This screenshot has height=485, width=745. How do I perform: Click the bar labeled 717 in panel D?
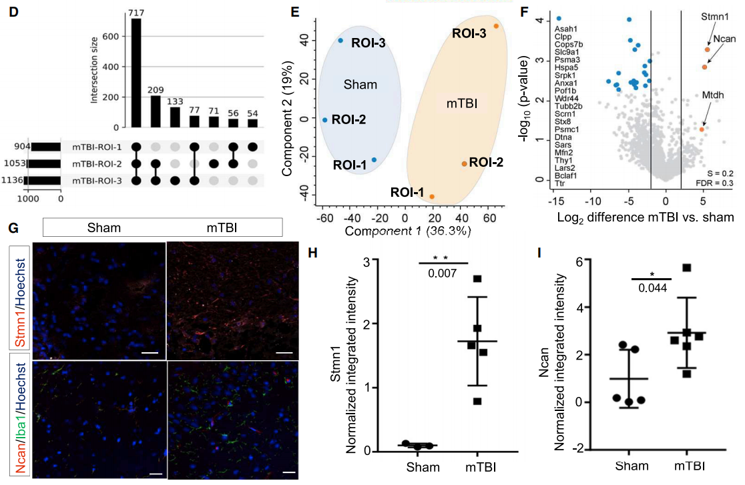[136, 73]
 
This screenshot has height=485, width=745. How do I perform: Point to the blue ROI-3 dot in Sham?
[340, 41]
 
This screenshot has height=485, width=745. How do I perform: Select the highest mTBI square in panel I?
[686, 268]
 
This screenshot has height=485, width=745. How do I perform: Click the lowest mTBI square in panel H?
[476, 402]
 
